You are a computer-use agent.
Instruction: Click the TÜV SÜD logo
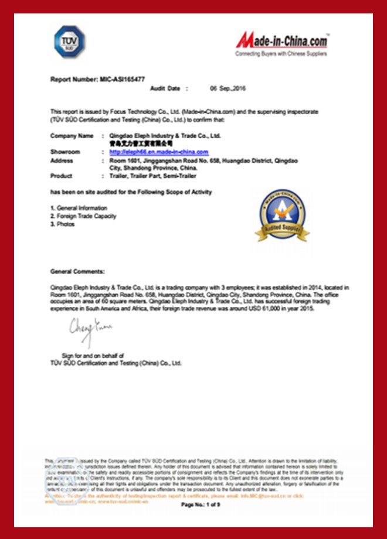69,41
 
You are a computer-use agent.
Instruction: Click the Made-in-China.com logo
281,41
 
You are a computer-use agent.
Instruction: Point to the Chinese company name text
141,143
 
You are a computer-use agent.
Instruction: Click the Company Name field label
72,135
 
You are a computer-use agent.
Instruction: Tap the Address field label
62,160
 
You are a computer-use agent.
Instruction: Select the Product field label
62,176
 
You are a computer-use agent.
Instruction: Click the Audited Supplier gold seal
282,216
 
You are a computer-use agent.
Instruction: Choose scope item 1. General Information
79,208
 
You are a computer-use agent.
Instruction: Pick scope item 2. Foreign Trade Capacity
83,216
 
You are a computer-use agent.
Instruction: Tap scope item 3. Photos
63,224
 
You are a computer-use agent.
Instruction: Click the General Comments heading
78,272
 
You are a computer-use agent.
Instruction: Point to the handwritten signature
89,326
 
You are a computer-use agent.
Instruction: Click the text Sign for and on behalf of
93,355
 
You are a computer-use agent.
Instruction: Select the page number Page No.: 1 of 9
201,504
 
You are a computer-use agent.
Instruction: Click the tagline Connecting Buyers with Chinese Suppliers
281,54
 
